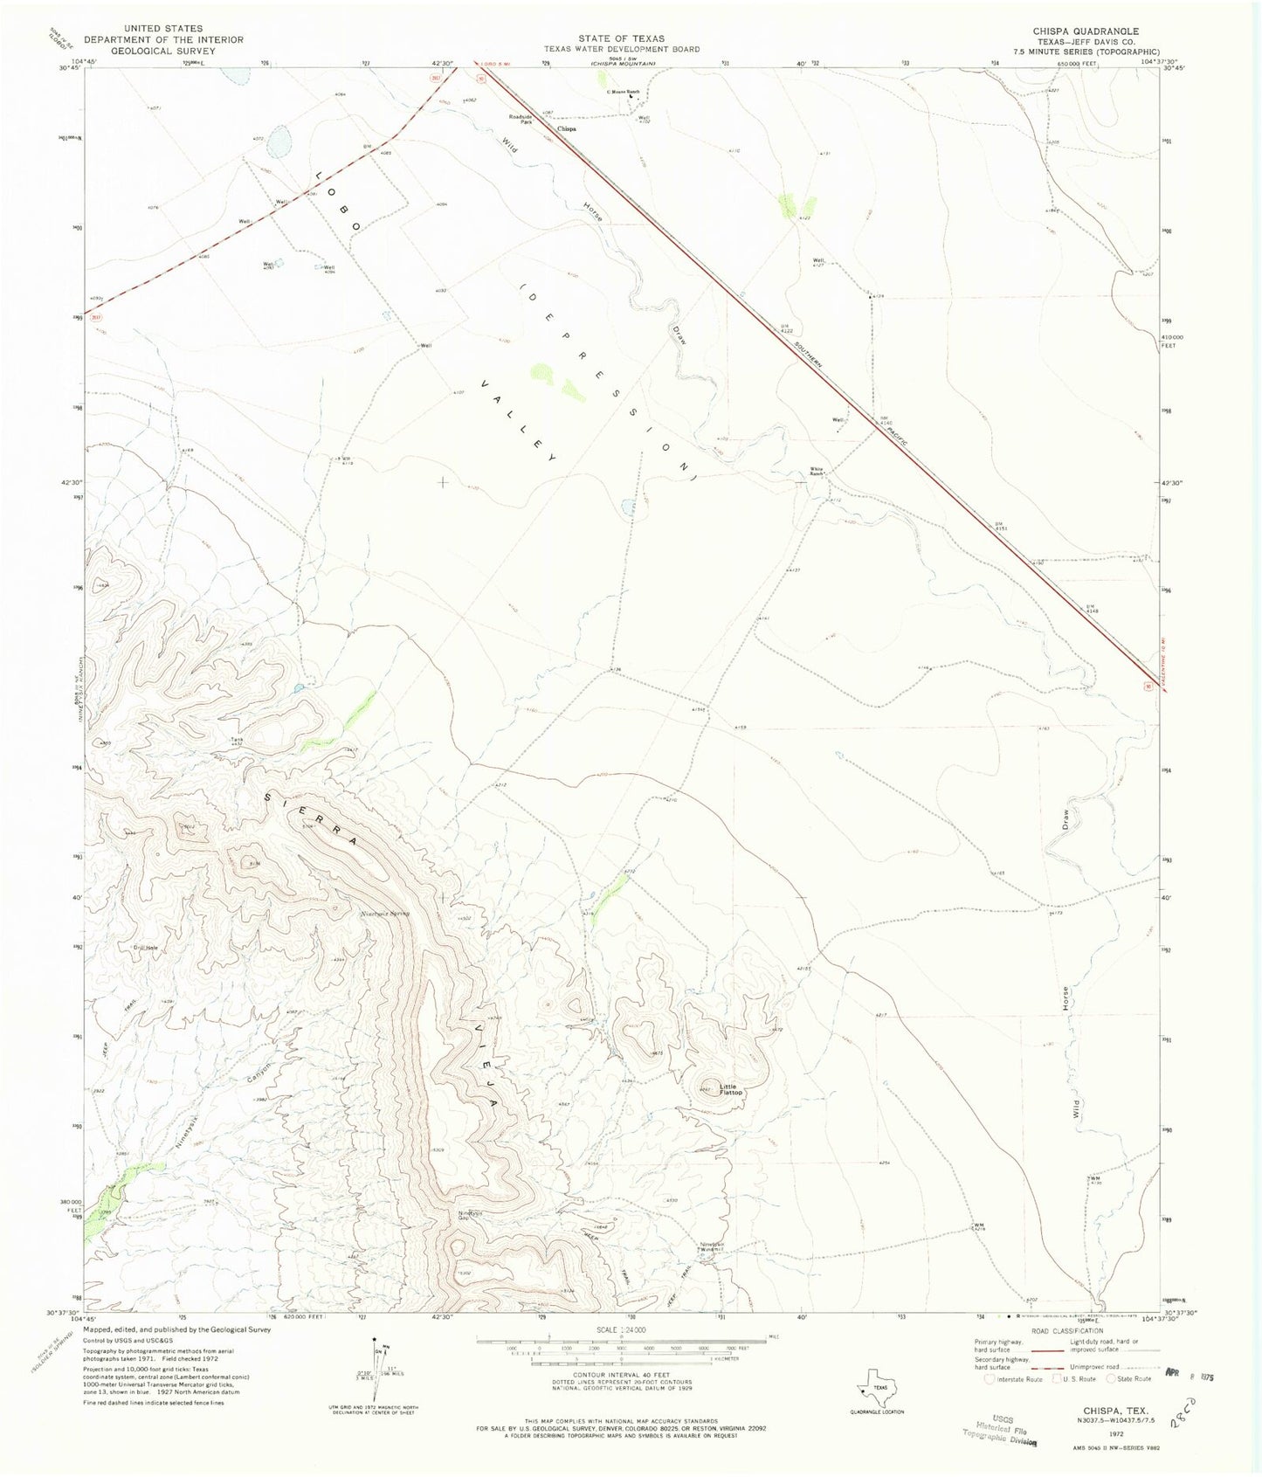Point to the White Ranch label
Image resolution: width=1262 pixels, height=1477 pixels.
coord(817,471)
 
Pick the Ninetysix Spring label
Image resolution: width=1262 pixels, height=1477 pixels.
coord(385,913)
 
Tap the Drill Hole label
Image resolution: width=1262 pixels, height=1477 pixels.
coord(145,948)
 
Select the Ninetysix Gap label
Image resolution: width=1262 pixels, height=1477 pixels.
coord(470,1215)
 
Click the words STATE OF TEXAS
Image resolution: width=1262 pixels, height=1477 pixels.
coord(627,38)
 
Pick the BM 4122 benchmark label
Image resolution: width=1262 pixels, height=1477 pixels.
coord(785,329)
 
